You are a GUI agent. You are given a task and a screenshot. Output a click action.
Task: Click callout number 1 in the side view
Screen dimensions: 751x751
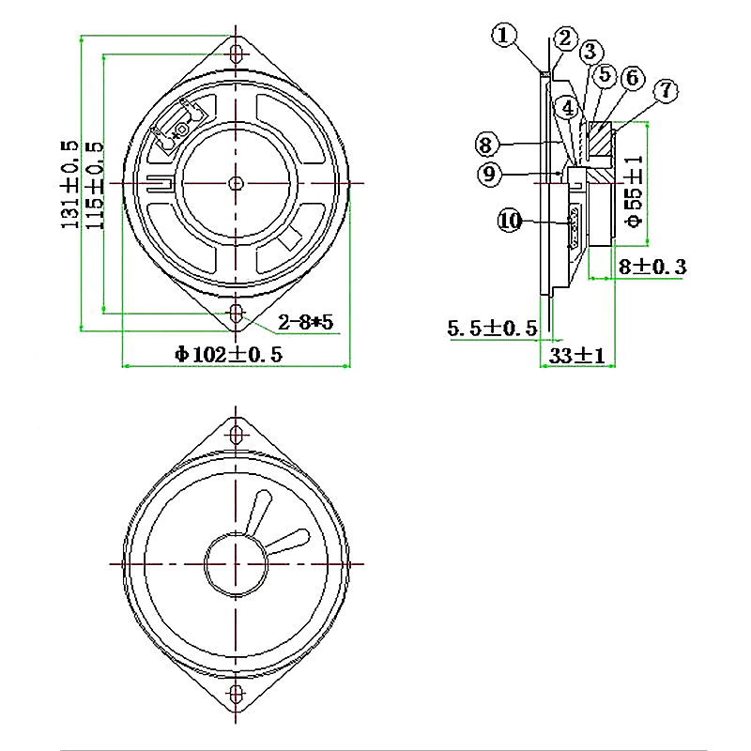click(x=505, y=36)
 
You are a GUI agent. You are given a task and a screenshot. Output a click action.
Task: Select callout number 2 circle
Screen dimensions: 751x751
click(x=564, y=38)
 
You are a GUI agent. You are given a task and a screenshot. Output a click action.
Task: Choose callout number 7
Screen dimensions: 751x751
click(x=665, y=91)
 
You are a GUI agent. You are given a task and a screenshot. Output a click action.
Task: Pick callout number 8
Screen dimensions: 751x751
click(x=485, y=145)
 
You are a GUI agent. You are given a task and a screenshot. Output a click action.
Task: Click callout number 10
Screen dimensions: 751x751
click(x=510, y=221)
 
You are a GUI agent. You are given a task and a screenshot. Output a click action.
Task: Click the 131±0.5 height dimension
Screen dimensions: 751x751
click(x=69, y=183)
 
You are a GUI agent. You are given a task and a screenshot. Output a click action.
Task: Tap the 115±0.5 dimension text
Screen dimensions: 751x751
click(x=94, y=183)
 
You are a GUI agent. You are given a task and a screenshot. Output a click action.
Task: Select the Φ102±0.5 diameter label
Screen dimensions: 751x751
click(x=228, y=354)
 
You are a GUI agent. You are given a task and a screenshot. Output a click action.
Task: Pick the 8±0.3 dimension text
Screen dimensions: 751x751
click(x=652, y=268)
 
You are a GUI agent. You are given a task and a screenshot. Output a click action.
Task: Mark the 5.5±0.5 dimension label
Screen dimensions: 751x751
click(x=492, y=329)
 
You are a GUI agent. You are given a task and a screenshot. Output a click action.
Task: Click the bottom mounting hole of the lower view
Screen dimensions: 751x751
click(x=236, y=696)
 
